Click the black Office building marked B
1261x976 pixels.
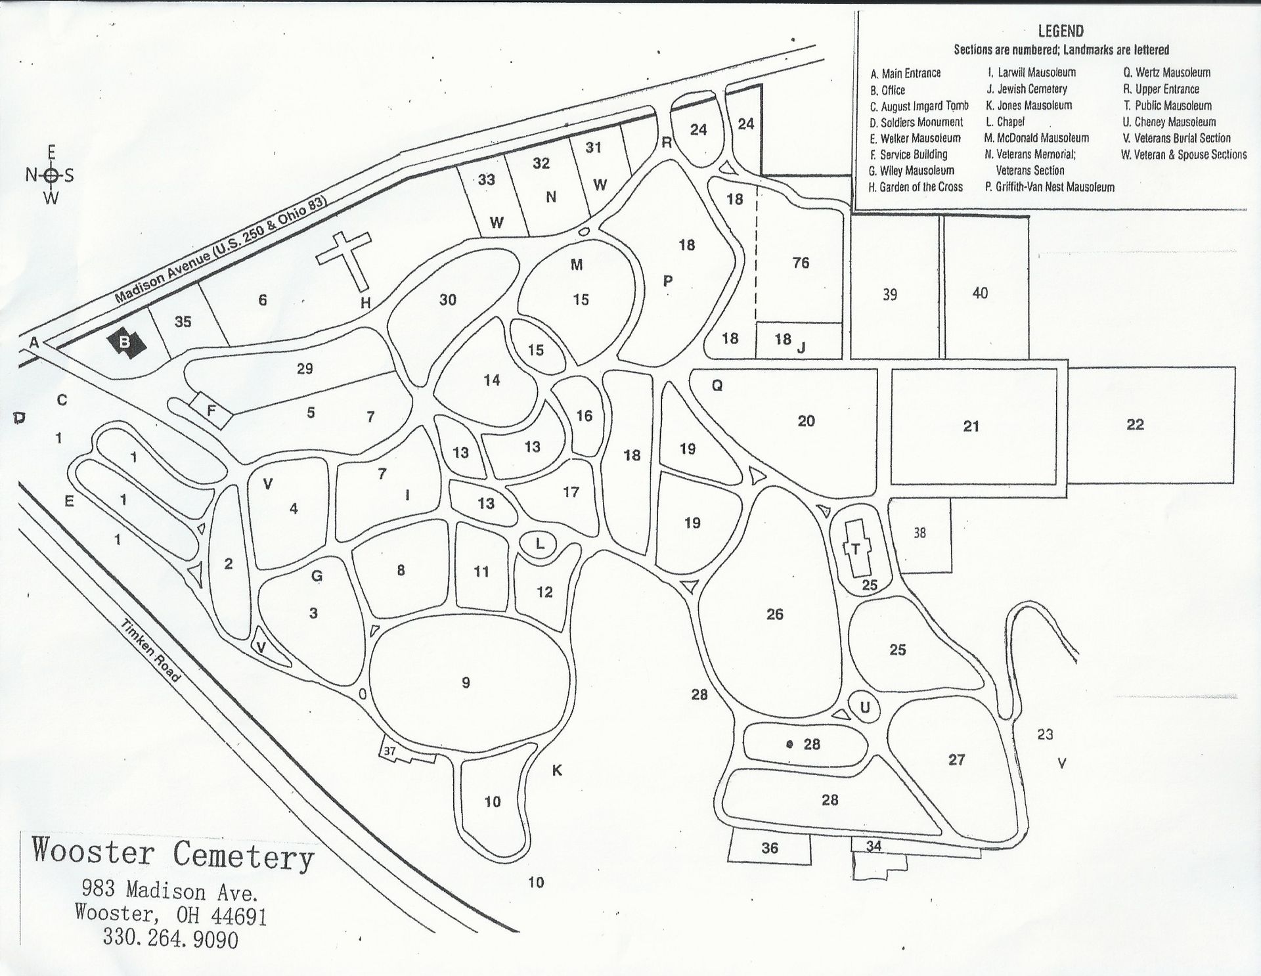click(x=124, y=342)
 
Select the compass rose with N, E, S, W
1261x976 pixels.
click(x=51, y=175)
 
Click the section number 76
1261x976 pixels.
click(x=801, y=263)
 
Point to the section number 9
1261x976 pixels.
click(x=466, y=682)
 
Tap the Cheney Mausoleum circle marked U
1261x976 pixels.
click(x=865, y=707)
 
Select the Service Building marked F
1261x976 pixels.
click(x=211, y=411)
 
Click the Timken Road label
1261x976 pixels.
click(x=151, y=650)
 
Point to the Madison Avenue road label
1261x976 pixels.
click(x=220, y=250)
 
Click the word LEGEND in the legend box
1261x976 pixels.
click(x=1061, y=31)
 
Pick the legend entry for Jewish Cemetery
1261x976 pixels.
click(x=1027, y=89)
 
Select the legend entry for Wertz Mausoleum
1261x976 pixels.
click(x=1166, y=72)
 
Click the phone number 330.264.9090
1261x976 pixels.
click(x=170, y=939)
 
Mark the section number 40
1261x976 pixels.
click(x=979, y=293)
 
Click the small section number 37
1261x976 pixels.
click(x=390, y=751)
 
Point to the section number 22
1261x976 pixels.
click(x=1135, y=424)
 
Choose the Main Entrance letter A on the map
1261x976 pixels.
click(x=34, y=342)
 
